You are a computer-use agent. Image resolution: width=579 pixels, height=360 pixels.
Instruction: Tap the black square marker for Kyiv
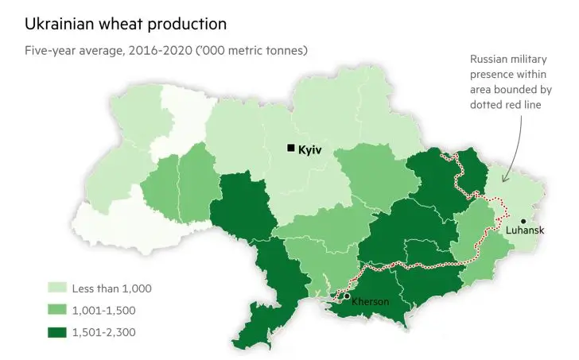click(x=291, y=148)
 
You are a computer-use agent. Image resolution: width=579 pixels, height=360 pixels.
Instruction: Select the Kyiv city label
click(x=310, y=149)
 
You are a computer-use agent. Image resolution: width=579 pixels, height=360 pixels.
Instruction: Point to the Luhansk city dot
click(x=523, y=221)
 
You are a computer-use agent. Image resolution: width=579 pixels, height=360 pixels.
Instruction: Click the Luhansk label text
click(x=525, y=230)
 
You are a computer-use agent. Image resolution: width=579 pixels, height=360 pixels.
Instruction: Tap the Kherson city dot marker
click(x=346, y=296)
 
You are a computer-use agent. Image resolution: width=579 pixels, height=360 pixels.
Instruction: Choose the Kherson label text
click(x=370, y=302)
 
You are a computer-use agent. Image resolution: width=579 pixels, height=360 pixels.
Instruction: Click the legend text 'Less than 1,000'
click(x=111, y=288)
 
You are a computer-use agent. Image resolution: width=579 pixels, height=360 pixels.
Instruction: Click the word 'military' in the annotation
click(x=528, y=60)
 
